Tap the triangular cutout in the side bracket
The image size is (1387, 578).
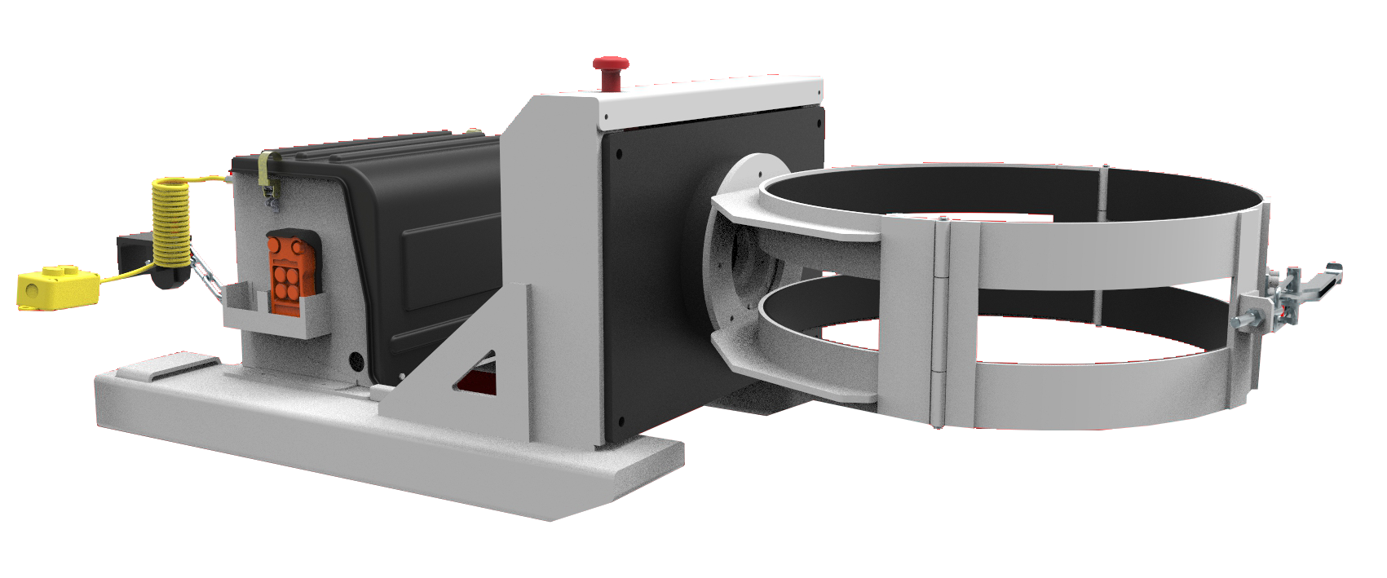coord(479,375)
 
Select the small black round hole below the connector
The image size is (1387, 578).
coord(355,359)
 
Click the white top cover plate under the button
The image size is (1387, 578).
coord(709,98)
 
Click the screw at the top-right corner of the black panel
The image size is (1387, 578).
coord(815,125)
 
